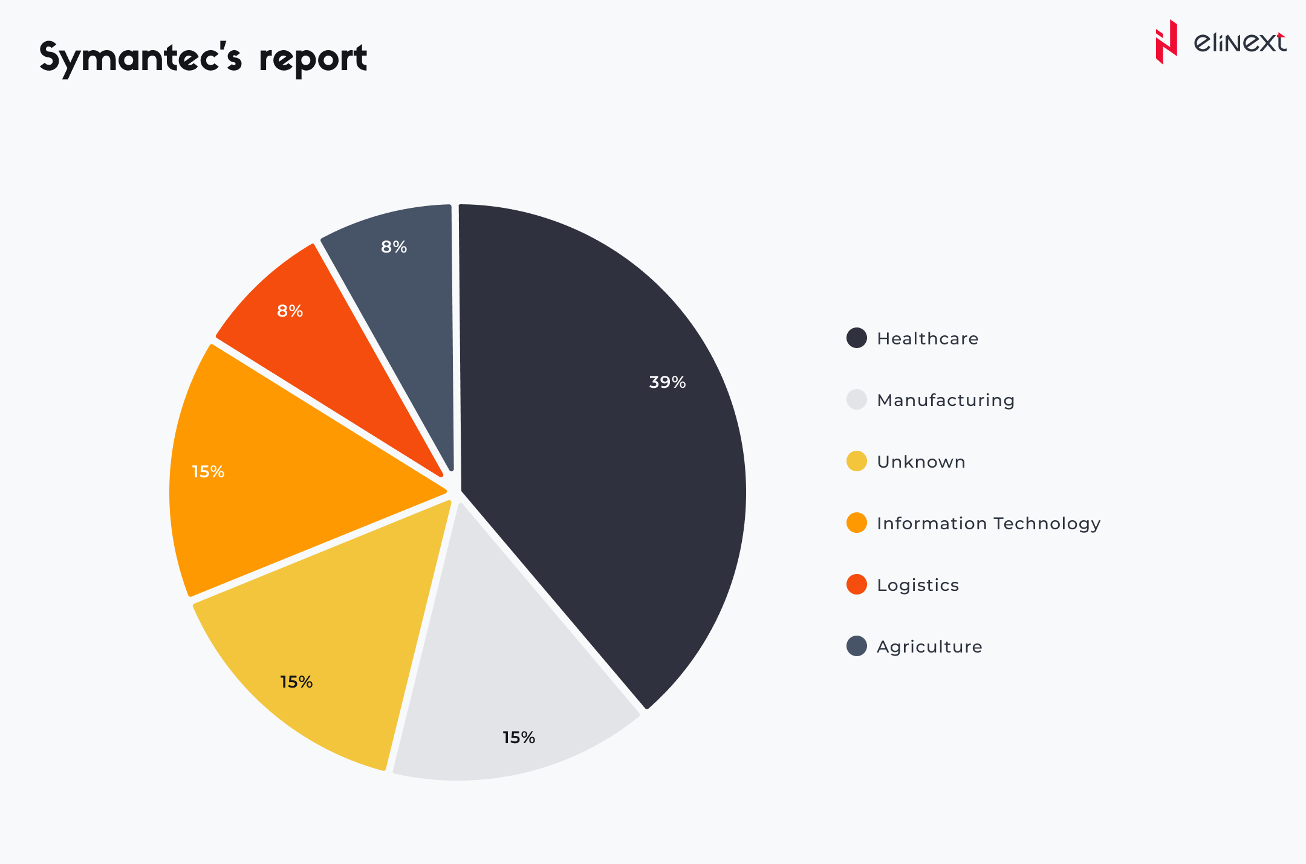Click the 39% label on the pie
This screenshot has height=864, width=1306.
click(667, 382)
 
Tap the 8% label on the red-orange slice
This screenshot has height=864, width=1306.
click(290, 311)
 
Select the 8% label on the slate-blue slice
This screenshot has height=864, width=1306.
click(394, 247)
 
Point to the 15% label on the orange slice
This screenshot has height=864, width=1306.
click(208, 472)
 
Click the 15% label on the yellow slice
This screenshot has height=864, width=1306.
click(296, 682)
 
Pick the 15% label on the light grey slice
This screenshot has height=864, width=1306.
click(519, 738)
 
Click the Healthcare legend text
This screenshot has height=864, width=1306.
click(928, 339)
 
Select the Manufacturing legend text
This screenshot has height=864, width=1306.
click(946, 401)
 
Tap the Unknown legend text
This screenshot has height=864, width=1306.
click(921, 462)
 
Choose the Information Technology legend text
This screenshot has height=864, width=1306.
click(989, 524)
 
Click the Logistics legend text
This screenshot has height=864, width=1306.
click(918, 585)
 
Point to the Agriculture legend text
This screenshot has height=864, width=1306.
click(929, 647)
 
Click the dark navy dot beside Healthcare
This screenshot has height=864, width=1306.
click(857, 338)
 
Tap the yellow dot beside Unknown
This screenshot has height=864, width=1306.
click(857, 462)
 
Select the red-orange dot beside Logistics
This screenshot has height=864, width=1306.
click(857, 585)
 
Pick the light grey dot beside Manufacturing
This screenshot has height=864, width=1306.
click(857, 400)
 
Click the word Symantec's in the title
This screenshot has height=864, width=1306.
click(141, 59)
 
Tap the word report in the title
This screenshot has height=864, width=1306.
click(313, 59)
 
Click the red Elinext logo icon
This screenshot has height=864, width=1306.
click(1166, 42)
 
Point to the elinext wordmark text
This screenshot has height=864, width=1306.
click(1239, 43)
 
